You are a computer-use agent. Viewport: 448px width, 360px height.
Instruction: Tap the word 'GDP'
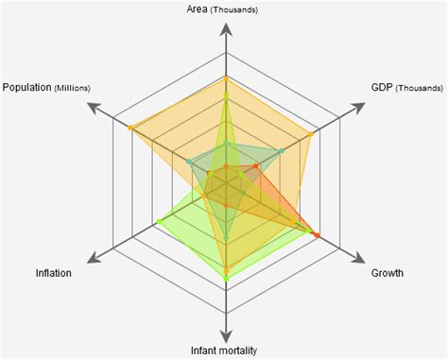[383, 88]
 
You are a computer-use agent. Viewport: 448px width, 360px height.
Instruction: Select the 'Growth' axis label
[387, 273]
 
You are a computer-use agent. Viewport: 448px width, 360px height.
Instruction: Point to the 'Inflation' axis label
[54, 273]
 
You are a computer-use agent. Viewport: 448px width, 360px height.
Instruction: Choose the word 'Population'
[26, 88]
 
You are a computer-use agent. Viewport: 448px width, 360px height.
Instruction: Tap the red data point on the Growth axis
[317, 233]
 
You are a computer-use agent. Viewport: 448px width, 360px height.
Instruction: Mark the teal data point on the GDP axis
[281, 149]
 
